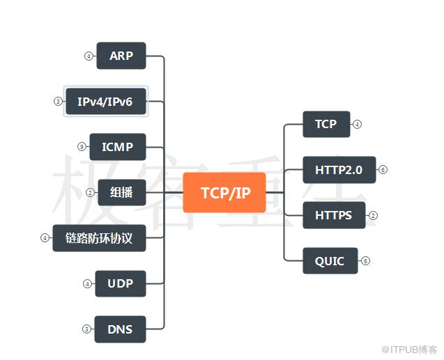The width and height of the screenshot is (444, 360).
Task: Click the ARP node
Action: [x=121, y=56]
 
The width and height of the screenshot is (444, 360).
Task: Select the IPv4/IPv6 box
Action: [x=105, y=102]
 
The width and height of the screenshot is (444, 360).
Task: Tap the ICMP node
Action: [x=117, y=147]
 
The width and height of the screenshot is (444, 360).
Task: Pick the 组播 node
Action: [x=121, y=192]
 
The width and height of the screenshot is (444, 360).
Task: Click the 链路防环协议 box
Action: [x=99, y=238]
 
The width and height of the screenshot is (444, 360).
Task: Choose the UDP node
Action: [x=121, y=283]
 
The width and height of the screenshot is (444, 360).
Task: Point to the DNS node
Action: [x=121, y=329]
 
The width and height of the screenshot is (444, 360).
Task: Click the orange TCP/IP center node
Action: [x=224, y=192]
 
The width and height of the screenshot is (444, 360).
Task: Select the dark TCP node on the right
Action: [x=326, y=124]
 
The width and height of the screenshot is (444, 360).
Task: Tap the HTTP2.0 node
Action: [x=339, y=169]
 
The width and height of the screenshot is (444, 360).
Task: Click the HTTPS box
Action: [x=333, y=215]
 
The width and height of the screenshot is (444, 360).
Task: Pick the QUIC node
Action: [x=330, y=261]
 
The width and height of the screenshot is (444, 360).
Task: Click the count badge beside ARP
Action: [x=89, y=56]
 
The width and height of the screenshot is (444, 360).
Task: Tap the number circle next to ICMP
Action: [x=82, y=147]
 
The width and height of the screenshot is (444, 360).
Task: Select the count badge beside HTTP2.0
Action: [x=383, y=169]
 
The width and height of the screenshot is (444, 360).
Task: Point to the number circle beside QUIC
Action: [x=365, y=261]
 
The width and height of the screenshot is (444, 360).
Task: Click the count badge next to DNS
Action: [x=86, y=329]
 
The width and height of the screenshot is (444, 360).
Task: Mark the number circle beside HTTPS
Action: [x=373, y=215]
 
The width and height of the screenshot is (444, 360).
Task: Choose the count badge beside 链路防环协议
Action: [x=45, y=238]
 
